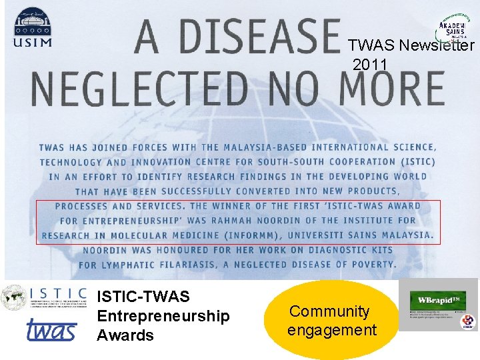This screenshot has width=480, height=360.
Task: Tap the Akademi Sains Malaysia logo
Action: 451,30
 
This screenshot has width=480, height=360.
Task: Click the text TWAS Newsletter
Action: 411,45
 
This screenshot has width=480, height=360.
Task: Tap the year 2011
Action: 370,65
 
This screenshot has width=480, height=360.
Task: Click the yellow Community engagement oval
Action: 332,320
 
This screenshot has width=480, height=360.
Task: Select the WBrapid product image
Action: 437,305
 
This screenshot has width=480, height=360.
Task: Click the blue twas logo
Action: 51,330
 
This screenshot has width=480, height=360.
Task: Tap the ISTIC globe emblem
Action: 13,297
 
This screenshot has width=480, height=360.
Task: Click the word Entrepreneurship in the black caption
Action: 163,315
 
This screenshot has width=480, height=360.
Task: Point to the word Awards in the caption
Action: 125,335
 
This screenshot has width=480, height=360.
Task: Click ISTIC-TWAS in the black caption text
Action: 143,296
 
